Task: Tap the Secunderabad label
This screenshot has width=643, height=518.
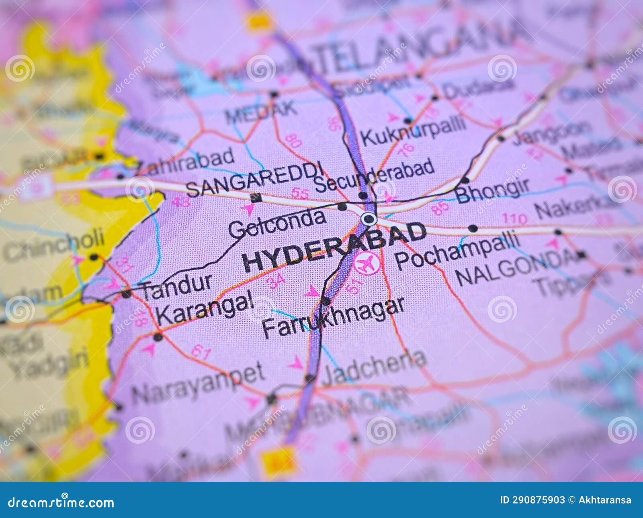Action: pos(374,175)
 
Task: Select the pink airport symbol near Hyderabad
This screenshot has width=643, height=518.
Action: pos(367,263)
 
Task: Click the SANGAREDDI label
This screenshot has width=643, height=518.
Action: pos(255,179)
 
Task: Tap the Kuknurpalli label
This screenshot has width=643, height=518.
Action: pos(414,129)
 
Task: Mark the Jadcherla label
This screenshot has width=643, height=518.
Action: pos(374,366)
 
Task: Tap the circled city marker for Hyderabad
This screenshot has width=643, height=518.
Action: pos(369,219)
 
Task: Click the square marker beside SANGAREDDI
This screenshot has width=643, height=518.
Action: pos(255,198)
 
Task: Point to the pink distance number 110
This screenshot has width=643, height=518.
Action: pos(515,219)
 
